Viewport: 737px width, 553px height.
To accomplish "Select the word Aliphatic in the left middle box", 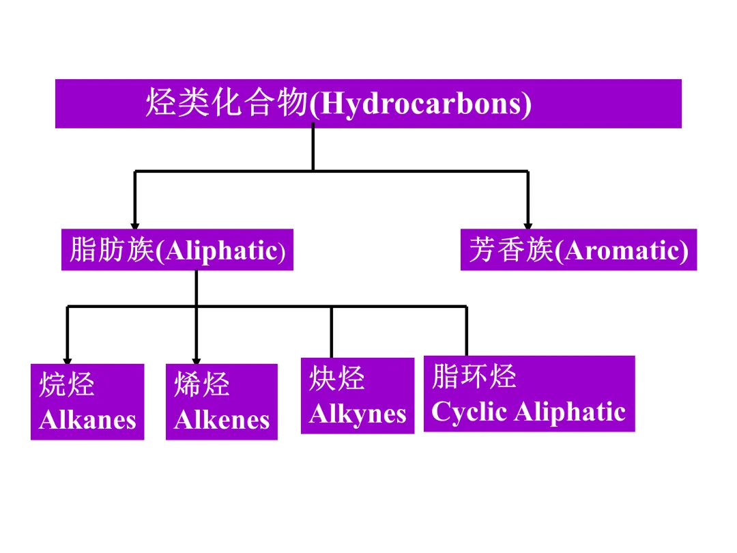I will tap(218, 251).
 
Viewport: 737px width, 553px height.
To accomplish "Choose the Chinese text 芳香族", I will tap(511, 251).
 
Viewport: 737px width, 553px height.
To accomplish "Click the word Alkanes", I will tap(87, 420).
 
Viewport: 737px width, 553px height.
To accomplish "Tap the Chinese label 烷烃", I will tap(67, 386).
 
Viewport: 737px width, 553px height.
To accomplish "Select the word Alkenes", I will tap(222, 420).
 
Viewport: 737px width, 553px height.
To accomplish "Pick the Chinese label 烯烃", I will tap(202, 386).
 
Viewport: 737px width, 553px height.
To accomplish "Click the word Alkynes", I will tap(357, 414).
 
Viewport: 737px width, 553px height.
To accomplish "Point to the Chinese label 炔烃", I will tap(337, 379).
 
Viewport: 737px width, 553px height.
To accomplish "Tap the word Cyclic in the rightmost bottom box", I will tap(469, 412).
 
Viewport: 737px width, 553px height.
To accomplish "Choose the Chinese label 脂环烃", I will tap(474, 377).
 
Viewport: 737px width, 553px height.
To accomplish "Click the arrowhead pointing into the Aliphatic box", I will tap(135, 225).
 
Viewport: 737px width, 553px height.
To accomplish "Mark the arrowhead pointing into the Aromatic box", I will tap(528, 225).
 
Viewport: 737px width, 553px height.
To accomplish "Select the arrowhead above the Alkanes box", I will tap(68, 360).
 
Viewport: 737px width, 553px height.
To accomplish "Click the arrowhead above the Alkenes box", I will tap(197, 360).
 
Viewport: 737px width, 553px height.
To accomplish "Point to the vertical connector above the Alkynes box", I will tap(332, 332).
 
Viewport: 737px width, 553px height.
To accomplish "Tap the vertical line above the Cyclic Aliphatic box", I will tap(466, 331).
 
